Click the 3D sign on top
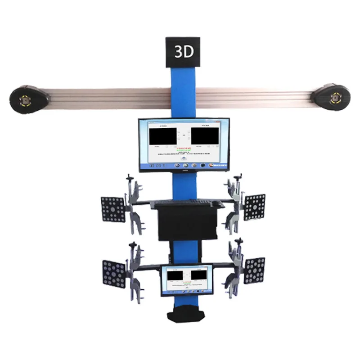pyautogui.click(x=184, y=52)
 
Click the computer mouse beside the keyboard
pyautogui.click(x=218, y=204)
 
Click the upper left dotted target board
pyautogui.click(x=112, y=209)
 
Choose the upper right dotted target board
pyautogui.click(x=254, y=207)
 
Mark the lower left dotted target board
pyautogui.click(x=114, y=273)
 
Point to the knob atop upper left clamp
pyautogui.click(x=129, y=176)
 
